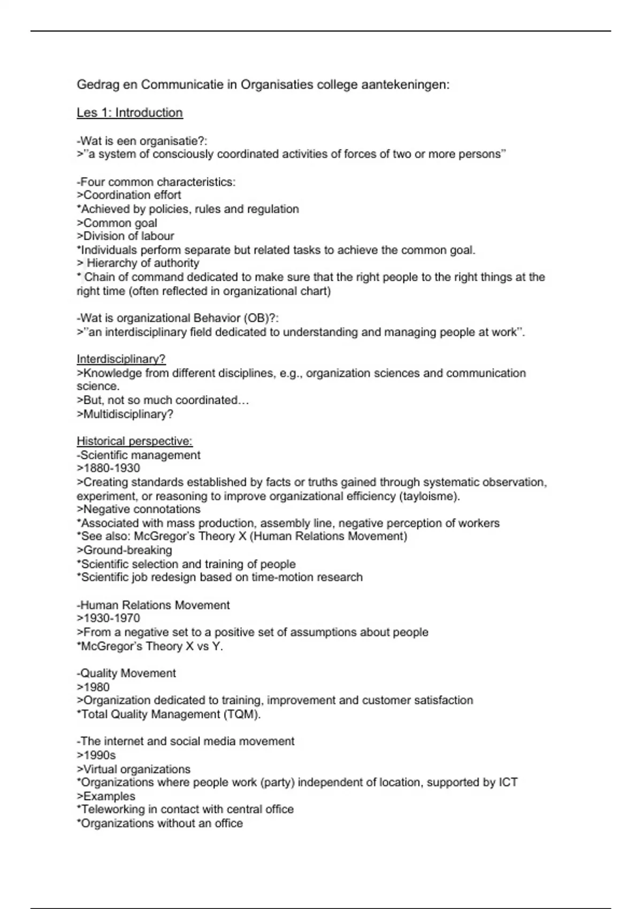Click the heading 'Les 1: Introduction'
tap(129, 113)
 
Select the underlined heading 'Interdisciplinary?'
tap(121, 359)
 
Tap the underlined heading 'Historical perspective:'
tap(134, 441)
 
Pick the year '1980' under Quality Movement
tap(97, 687)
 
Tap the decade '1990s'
tap(100, 756)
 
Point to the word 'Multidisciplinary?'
tap(128, 414)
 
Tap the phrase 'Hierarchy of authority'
tap(143, 263)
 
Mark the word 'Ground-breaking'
tap(127, 550)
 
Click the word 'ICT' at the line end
tap(508, 783)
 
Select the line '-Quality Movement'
tap(126, 673)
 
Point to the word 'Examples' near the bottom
tap(109, 797)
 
